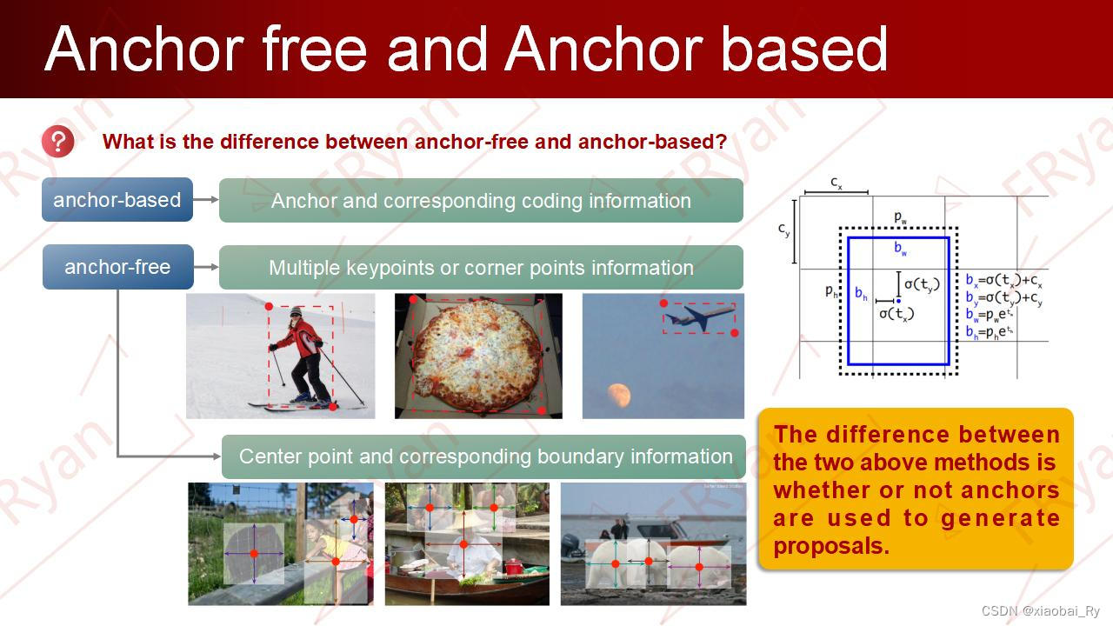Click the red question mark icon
58,142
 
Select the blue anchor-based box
117,200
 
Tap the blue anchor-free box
117,267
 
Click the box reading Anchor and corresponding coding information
481,201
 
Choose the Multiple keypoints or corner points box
481,267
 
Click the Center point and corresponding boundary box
483,456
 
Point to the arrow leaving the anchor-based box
206,200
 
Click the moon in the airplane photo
619,395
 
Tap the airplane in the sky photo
701,316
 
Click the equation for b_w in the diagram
990,315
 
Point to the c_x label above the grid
836,183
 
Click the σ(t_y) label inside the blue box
922,284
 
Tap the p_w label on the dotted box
900,217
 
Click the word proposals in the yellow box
830,546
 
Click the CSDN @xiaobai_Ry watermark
1041,610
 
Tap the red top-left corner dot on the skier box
269,307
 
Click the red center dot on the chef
463,544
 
